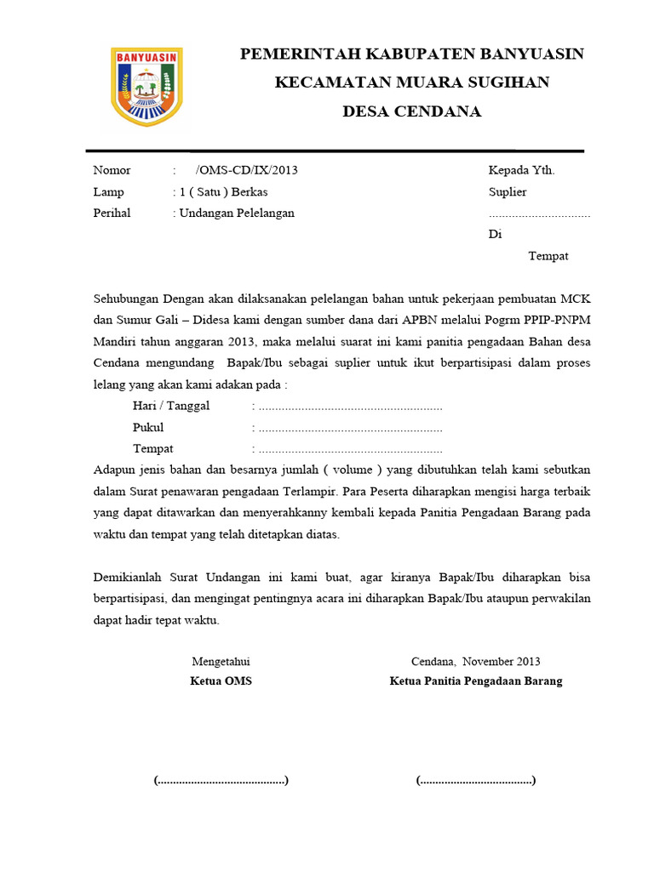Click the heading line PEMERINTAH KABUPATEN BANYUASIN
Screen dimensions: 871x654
tap(411, 54)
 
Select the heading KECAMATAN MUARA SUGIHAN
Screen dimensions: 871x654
tap(411, 83)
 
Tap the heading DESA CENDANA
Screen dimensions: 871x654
tap(411, 111)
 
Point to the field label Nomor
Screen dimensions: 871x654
tap(112, 170)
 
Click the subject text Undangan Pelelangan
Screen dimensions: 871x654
tap(236, 213)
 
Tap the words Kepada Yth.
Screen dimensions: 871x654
tap(521, 170)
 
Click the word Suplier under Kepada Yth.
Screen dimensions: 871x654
tap(508, 191)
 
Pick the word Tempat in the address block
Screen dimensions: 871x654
tap(548, 256)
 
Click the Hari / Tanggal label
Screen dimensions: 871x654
tap(171, 406)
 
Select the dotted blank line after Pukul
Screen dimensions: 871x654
tap(350, 428)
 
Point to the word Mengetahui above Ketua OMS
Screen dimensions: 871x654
tap(221, 661)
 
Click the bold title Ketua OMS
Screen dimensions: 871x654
tap(221, 681)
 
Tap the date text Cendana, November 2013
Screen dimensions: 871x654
tap(475, 661)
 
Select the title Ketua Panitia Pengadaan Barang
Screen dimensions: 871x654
tap(475, 681)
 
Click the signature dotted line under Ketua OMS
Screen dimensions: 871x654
tap(221, 780)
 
